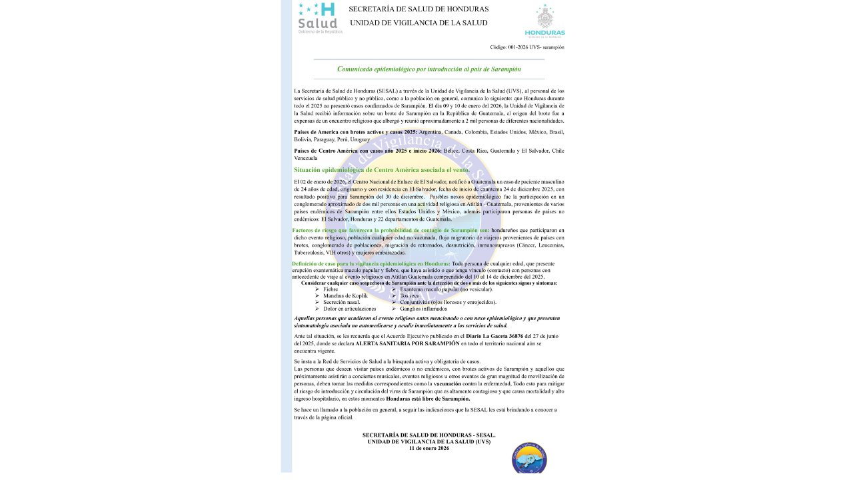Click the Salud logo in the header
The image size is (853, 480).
[x=319, y=18]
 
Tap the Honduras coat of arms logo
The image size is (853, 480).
[x=544, y=20]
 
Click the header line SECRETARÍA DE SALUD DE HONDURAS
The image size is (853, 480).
[x=419, y=9]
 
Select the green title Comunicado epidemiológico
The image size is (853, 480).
[x=428, y=69]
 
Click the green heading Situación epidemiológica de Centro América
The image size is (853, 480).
[x=382, y=170]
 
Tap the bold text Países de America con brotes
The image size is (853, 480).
[x=356, y=132]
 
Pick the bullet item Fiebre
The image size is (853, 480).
[x=331, y=289]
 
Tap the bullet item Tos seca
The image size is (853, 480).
[x=411, y=295]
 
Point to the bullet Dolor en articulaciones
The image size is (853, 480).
[x=349, y=309]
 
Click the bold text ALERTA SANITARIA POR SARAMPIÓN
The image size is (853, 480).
[x=407, y=343]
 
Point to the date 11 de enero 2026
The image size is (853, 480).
[x=428, y=448]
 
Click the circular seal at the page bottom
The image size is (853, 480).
[x=529, y=457]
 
